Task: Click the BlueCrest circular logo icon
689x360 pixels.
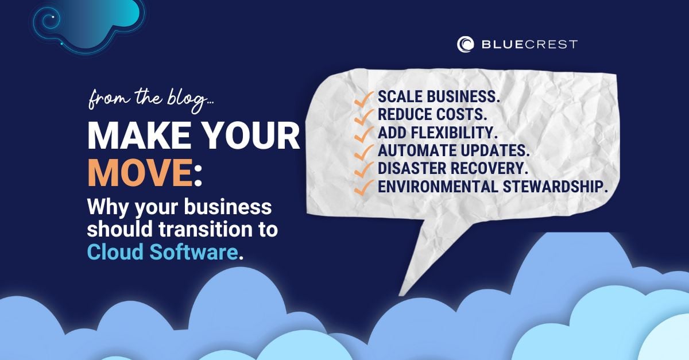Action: (466, 44)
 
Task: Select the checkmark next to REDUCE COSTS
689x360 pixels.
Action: (364, 114)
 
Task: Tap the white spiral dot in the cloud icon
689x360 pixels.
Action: (53, 17)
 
